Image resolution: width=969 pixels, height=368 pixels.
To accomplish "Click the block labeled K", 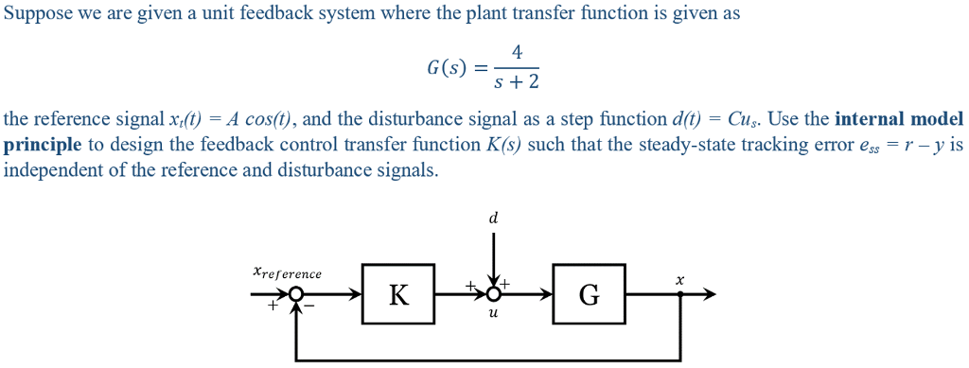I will point(398,295).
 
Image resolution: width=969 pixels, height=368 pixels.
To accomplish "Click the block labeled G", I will point(589,295).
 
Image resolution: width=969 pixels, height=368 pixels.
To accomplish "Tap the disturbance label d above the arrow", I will point(493,218).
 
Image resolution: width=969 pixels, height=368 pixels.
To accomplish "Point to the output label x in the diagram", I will point(679,279).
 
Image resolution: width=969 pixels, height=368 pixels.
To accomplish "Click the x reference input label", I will point(287,272).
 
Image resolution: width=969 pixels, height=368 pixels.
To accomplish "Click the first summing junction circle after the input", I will point(297,295).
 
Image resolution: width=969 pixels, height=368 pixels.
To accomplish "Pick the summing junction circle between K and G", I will point(493,295).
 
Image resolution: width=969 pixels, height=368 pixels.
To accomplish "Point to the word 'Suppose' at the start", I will point(35,13).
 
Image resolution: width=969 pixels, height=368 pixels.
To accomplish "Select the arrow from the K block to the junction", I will point(459,295).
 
